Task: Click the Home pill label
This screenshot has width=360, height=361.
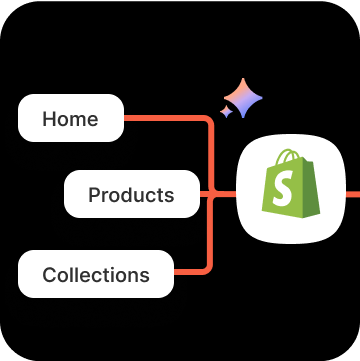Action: coord(71,120)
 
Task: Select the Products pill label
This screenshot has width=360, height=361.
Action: coord(131,195)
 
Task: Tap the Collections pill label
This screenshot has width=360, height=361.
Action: coord(96,274)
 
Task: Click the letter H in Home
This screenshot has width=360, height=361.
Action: coord(49,120)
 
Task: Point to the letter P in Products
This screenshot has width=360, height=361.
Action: coord(95,195)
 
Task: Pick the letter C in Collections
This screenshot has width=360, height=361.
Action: coord(49,274)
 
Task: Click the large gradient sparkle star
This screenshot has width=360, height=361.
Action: coord(244,98)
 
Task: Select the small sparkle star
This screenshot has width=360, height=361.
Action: coord(226,112)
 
